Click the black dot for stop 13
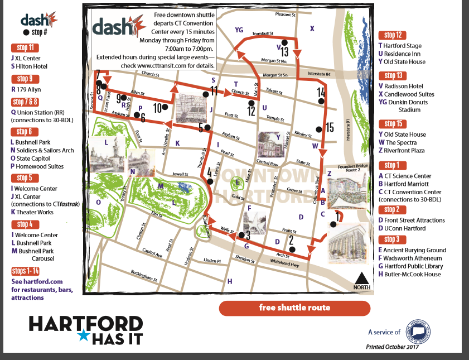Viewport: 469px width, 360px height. coord(284,43)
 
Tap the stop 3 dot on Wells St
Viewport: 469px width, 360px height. coord(241,233)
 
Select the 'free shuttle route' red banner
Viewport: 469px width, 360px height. coord(294,308)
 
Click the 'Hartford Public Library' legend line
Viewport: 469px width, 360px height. coord(409,266)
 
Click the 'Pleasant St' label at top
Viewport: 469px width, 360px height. coord(284,15)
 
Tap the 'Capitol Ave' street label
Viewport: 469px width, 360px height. coord(152,253)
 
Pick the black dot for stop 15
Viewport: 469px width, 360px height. coord(318,129)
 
